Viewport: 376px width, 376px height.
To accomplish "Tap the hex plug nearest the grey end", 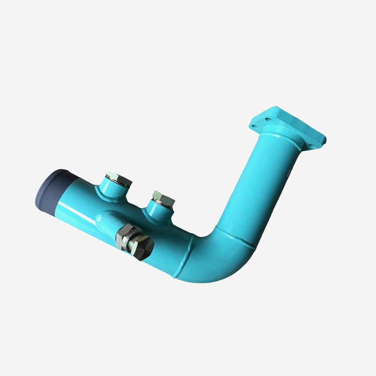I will click(x=118, y=179).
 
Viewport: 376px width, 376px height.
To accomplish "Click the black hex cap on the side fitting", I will click(x=145, y=250).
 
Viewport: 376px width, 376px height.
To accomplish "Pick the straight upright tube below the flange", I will click(x=263, y=184).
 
